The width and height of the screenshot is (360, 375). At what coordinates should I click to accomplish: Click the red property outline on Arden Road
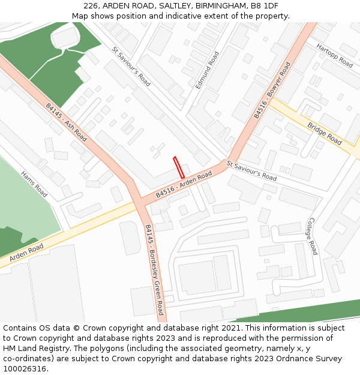pos(178,167)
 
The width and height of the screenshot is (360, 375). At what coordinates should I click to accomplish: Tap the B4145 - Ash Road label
pos(66,122)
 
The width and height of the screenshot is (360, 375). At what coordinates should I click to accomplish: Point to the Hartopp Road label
pos(334,55)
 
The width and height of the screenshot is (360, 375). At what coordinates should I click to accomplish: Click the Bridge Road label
pos(325,133)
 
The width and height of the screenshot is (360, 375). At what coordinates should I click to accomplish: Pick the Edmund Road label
pos(208,70)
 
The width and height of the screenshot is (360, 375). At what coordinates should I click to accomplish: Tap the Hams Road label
pos(34,184)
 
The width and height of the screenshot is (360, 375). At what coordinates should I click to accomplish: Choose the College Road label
pos(312,236)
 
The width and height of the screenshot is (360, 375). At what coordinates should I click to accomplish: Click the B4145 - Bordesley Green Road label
pos(154,269)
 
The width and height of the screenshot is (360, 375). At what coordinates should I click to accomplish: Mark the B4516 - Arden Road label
pos(184,184)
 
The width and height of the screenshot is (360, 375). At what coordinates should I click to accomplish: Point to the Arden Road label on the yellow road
pos(26,252)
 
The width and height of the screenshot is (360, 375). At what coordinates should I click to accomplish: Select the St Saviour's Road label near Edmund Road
pos(131,67)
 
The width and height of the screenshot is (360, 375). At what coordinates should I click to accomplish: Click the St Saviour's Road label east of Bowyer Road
pos(251,170)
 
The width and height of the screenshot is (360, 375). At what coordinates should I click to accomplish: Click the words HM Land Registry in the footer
pos(37,348)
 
